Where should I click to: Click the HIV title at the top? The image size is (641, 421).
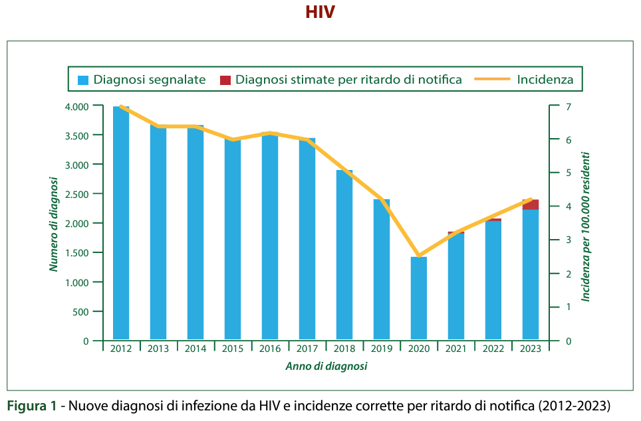(320, 13)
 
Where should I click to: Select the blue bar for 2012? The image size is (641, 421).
(121, 226)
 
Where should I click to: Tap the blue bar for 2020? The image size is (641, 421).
(418, 299)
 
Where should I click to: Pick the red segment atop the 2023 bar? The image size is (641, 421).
(530, 205)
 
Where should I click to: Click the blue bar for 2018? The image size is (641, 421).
(344, 256)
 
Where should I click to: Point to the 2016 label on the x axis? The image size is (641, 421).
(269, 349)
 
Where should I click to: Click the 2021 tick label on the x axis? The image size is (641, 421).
(455, 349)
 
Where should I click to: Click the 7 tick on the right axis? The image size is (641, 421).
(569, 106)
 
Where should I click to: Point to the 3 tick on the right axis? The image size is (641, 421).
(569, 240)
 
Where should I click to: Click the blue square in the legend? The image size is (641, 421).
(83, 80)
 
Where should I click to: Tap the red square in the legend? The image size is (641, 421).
(225, 80)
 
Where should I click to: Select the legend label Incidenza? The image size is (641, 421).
(545, 80)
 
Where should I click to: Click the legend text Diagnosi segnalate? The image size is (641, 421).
(150, 80)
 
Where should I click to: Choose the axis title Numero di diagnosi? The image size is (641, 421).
(53, 224)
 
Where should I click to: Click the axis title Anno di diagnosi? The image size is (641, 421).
(326, 366)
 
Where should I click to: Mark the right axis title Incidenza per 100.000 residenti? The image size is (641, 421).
(586, 226)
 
